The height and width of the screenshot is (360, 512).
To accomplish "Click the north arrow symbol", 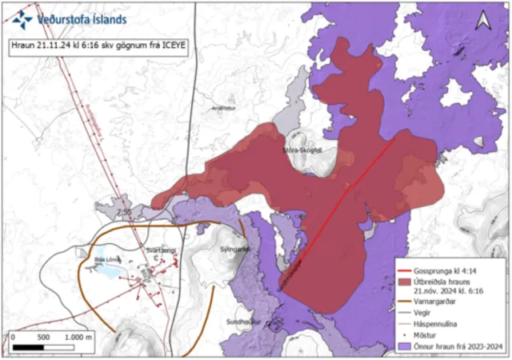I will coord(482,23).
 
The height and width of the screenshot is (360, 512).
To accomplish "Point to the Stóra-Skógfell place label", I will coord(302,149).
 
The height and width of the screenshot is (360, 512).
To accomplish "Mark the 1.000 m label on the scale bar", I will coord(77,338).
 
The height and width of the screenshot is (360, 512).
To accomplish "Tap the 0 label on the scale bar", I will coord(14,338).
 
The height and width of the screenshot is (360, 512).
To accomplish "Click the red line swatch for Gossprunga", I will coord(409,272).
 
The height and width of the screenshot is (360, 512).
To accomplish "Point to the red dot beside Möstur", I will coord(409,337).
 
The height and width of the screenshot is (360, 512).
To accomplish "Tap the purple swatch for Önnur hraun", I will coord(409,348).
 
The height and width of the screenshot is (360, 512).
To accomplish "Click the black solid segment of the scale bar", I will coord(29,348).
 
